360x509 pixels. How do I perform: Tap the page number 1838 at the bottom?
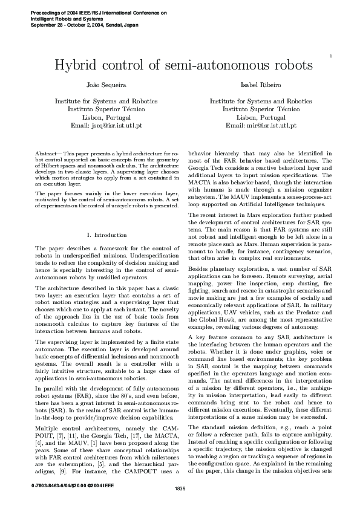click(x=180, y=488)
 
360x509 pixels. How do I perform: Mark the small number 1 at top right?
click(x=331, y=56)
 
